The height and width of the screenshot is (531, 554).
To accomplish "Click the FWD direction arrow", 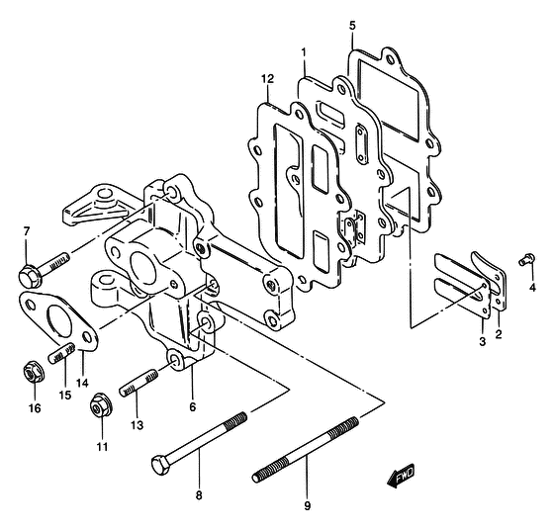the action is point(401,476).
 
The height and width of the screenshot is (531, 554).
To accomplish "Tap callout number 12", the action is point(267,79).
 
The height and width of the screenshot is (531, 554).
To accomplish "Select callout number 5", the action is point(352,26).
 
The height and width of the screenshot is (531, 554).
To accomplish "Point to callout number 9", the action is point(307,506).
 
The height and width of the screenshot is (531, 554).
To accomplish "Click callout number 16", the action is point(35,408).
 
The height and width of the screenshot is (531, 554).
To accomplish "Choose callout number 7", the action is point(27,231).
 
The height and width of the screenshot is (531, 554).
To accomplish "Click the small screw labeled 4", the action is point(527,259).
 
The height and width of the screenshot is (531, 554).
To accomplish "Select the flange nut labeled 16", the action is point(34,372).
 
